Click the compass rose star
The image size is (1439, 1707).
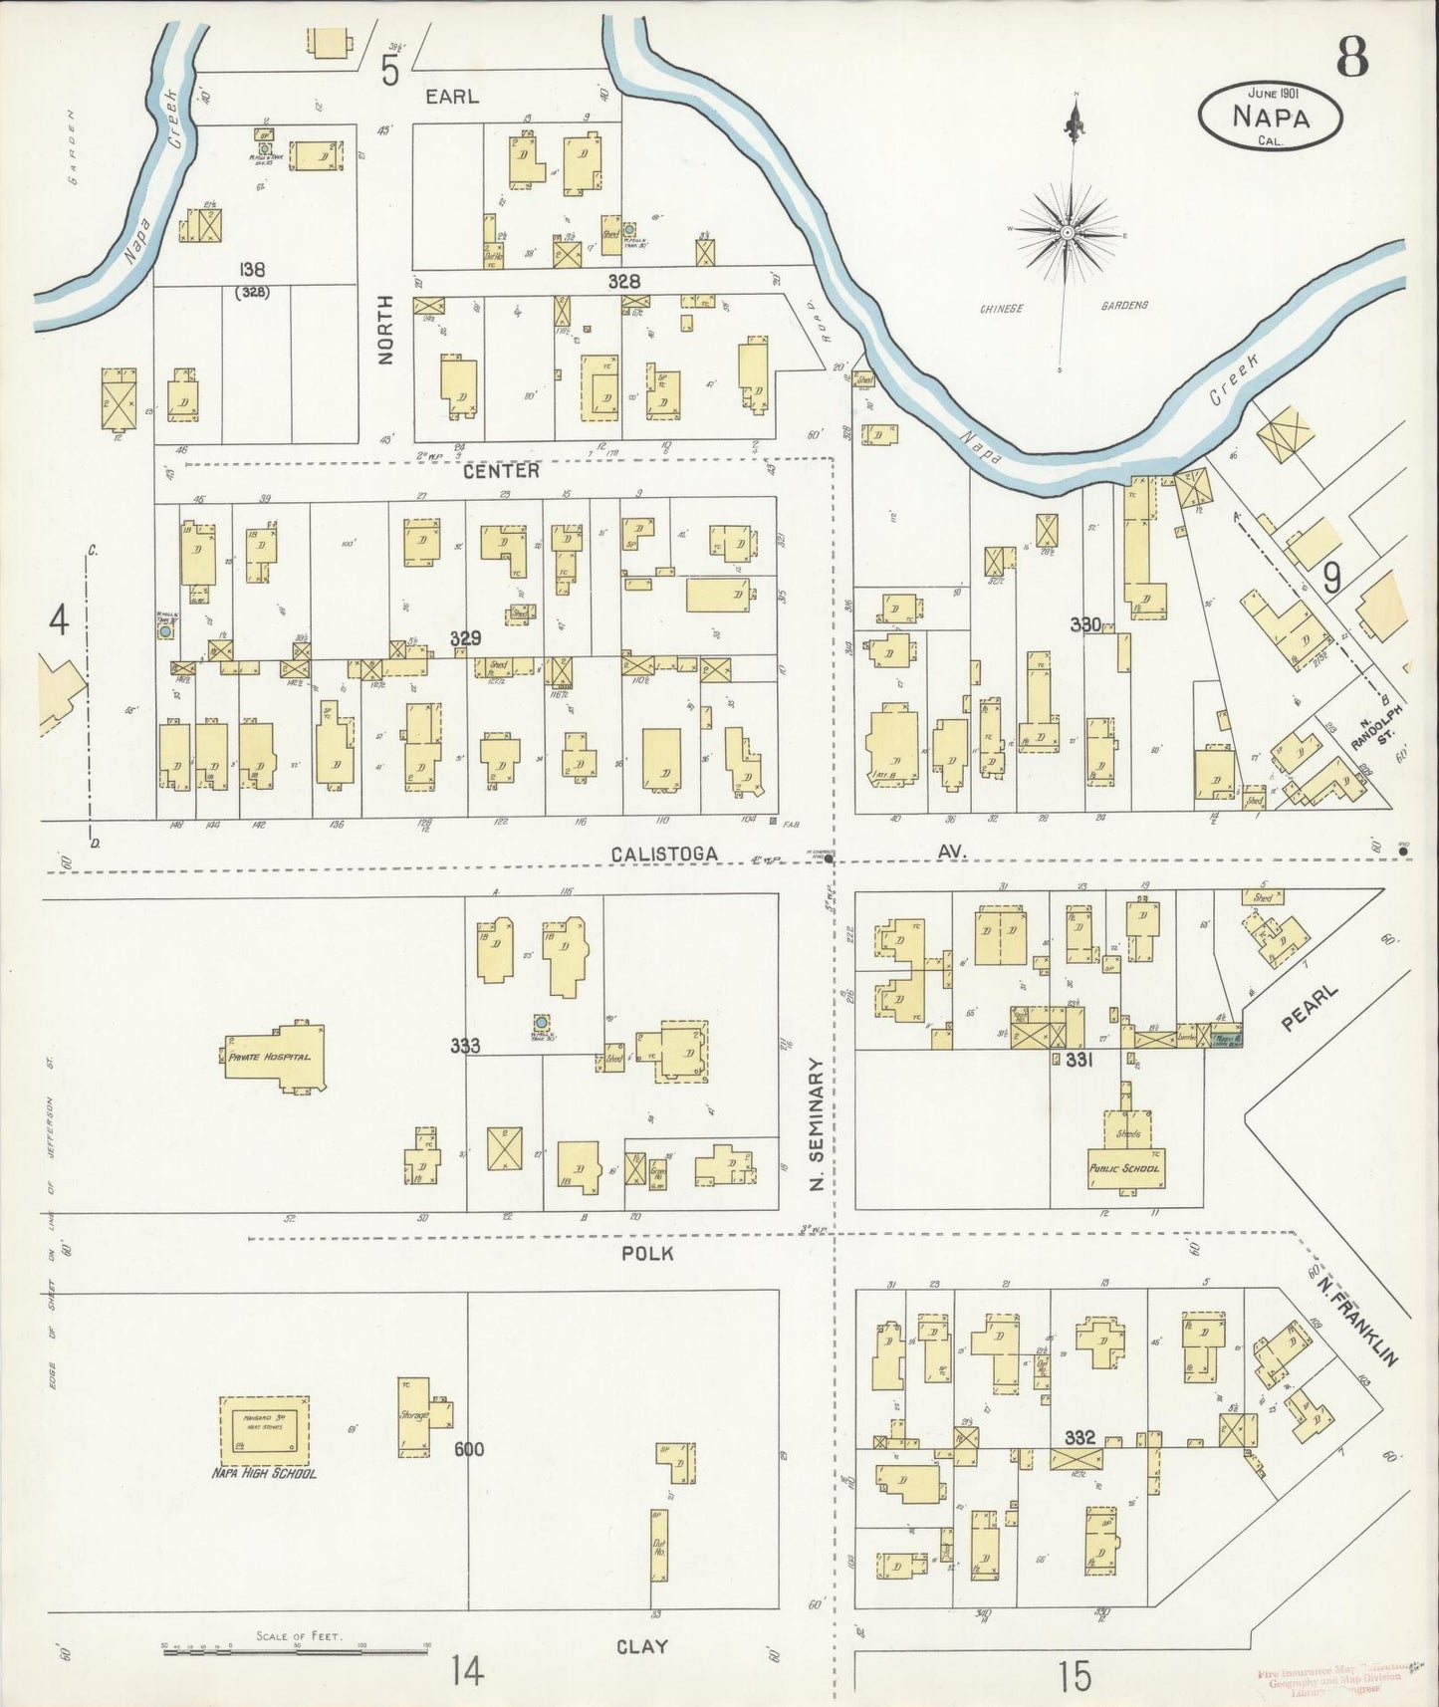[x=1067, y=232]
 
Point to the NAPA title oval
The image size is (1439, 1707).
[x=1270, y=117]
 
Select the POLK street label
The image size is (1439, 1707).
[x=646, y=1253]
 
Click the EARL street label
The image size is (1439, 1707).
[x=452, y=96]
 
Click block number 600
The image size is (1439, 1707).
[x=468, y=1448]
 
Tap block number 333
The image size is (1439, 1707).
[x=464, y=1045]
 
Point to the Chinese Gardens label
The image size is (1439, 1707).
[x=1064, y=307]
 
